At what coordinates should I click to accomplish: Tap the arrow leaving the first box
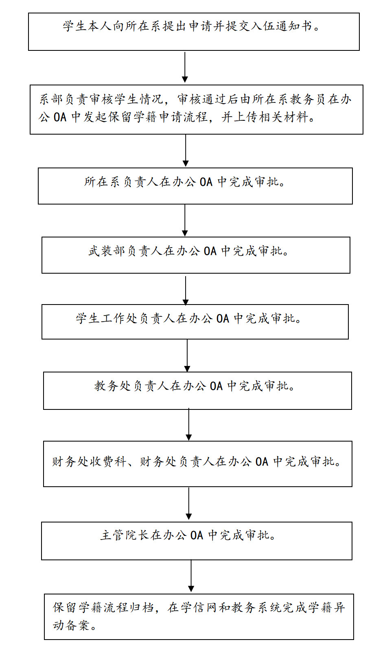tap(185, 67)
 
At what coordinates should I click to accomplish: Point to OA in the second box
tap(60, 118)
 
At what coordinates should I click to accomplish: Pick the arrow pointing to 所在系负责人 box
tap(185, 150)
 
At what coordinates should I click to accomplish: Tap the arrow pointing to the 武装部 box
tap(185, 220)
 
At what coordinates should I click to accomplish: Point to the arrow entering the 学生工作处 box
tap(185, 290)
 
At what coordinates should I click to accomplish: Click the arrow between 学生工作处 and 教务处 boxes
tap(187, 356)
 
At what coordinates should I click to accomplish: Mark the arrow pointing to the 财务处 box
tap(188, 425)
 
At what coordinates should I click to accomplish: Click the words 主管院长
tap(125, 535)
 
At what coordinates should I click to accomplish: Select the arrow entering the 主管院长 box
tap(188, 504)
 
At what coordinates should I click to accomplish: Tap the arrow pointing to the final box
tap(191, 576)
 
